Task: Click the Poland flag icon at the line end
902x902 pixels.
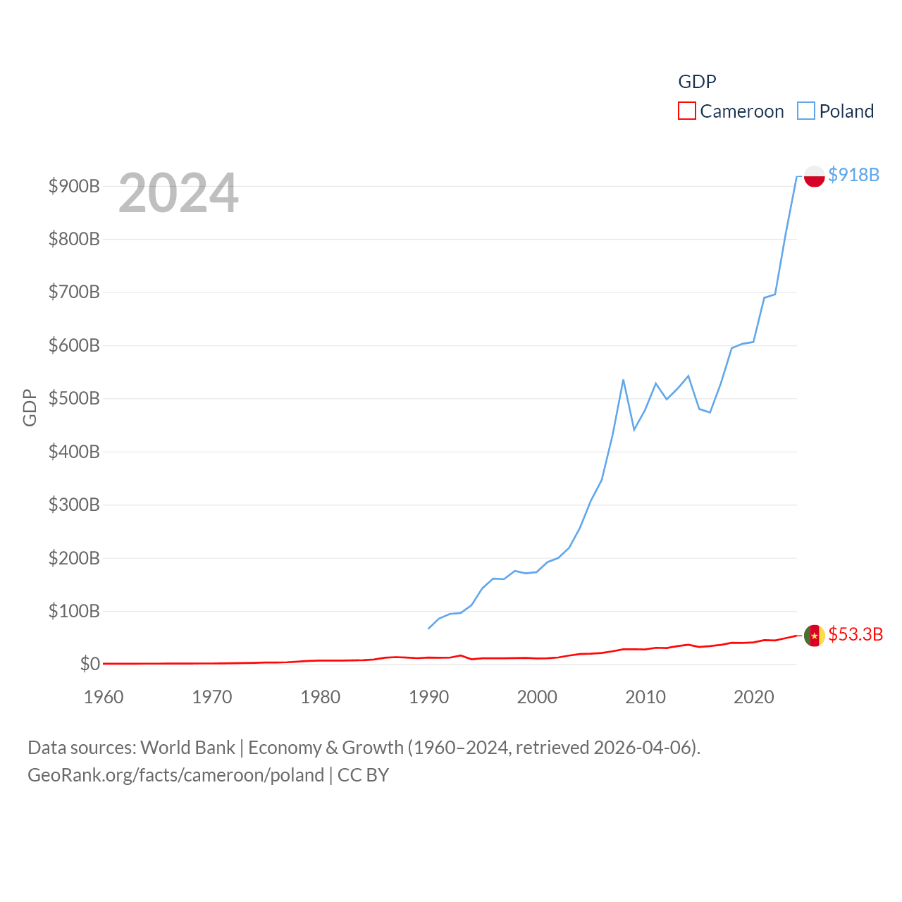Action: [814, 176]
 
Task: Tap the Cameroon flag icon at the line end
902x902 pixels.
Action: [814, 636]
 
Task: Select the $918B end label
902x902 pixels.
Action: [853, 175]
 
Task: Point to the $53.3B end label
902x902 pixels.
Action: [855, 634]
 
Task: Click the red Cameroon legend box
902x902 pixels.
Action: [686, 111]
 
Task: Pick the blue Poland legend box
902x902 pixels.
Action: [806, 111]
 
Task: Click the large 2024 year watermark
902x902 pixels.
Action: [178, 193]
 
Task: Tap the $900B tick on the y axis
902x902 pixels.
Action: [74, 187]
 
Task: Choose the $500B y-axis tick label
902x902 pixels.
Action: [74, 399]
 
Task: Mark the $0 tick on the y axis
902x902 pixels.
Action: [90, 664]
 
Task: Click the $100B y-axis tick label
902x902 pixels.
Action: [74, 611]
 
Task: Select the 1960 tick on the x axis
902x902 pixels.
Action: [104, 697]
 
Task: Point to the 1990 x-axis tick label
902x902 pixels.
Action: [428, 697]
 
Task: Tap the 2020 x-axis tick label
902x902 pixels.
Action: [753, 697]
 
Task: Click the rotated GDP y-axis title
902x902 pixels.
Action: [30, 407]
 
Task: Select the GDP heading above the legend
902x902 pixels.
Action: [697, 82]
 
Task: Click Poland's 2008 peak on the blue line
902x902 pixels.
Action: [623, 380]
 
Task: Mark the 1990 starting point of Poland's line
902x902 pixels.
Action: [428, 628]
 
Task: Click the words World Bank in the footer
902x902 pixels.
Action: [187, 748]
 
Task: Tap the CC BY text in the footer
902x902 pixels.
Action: [363, 775]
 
